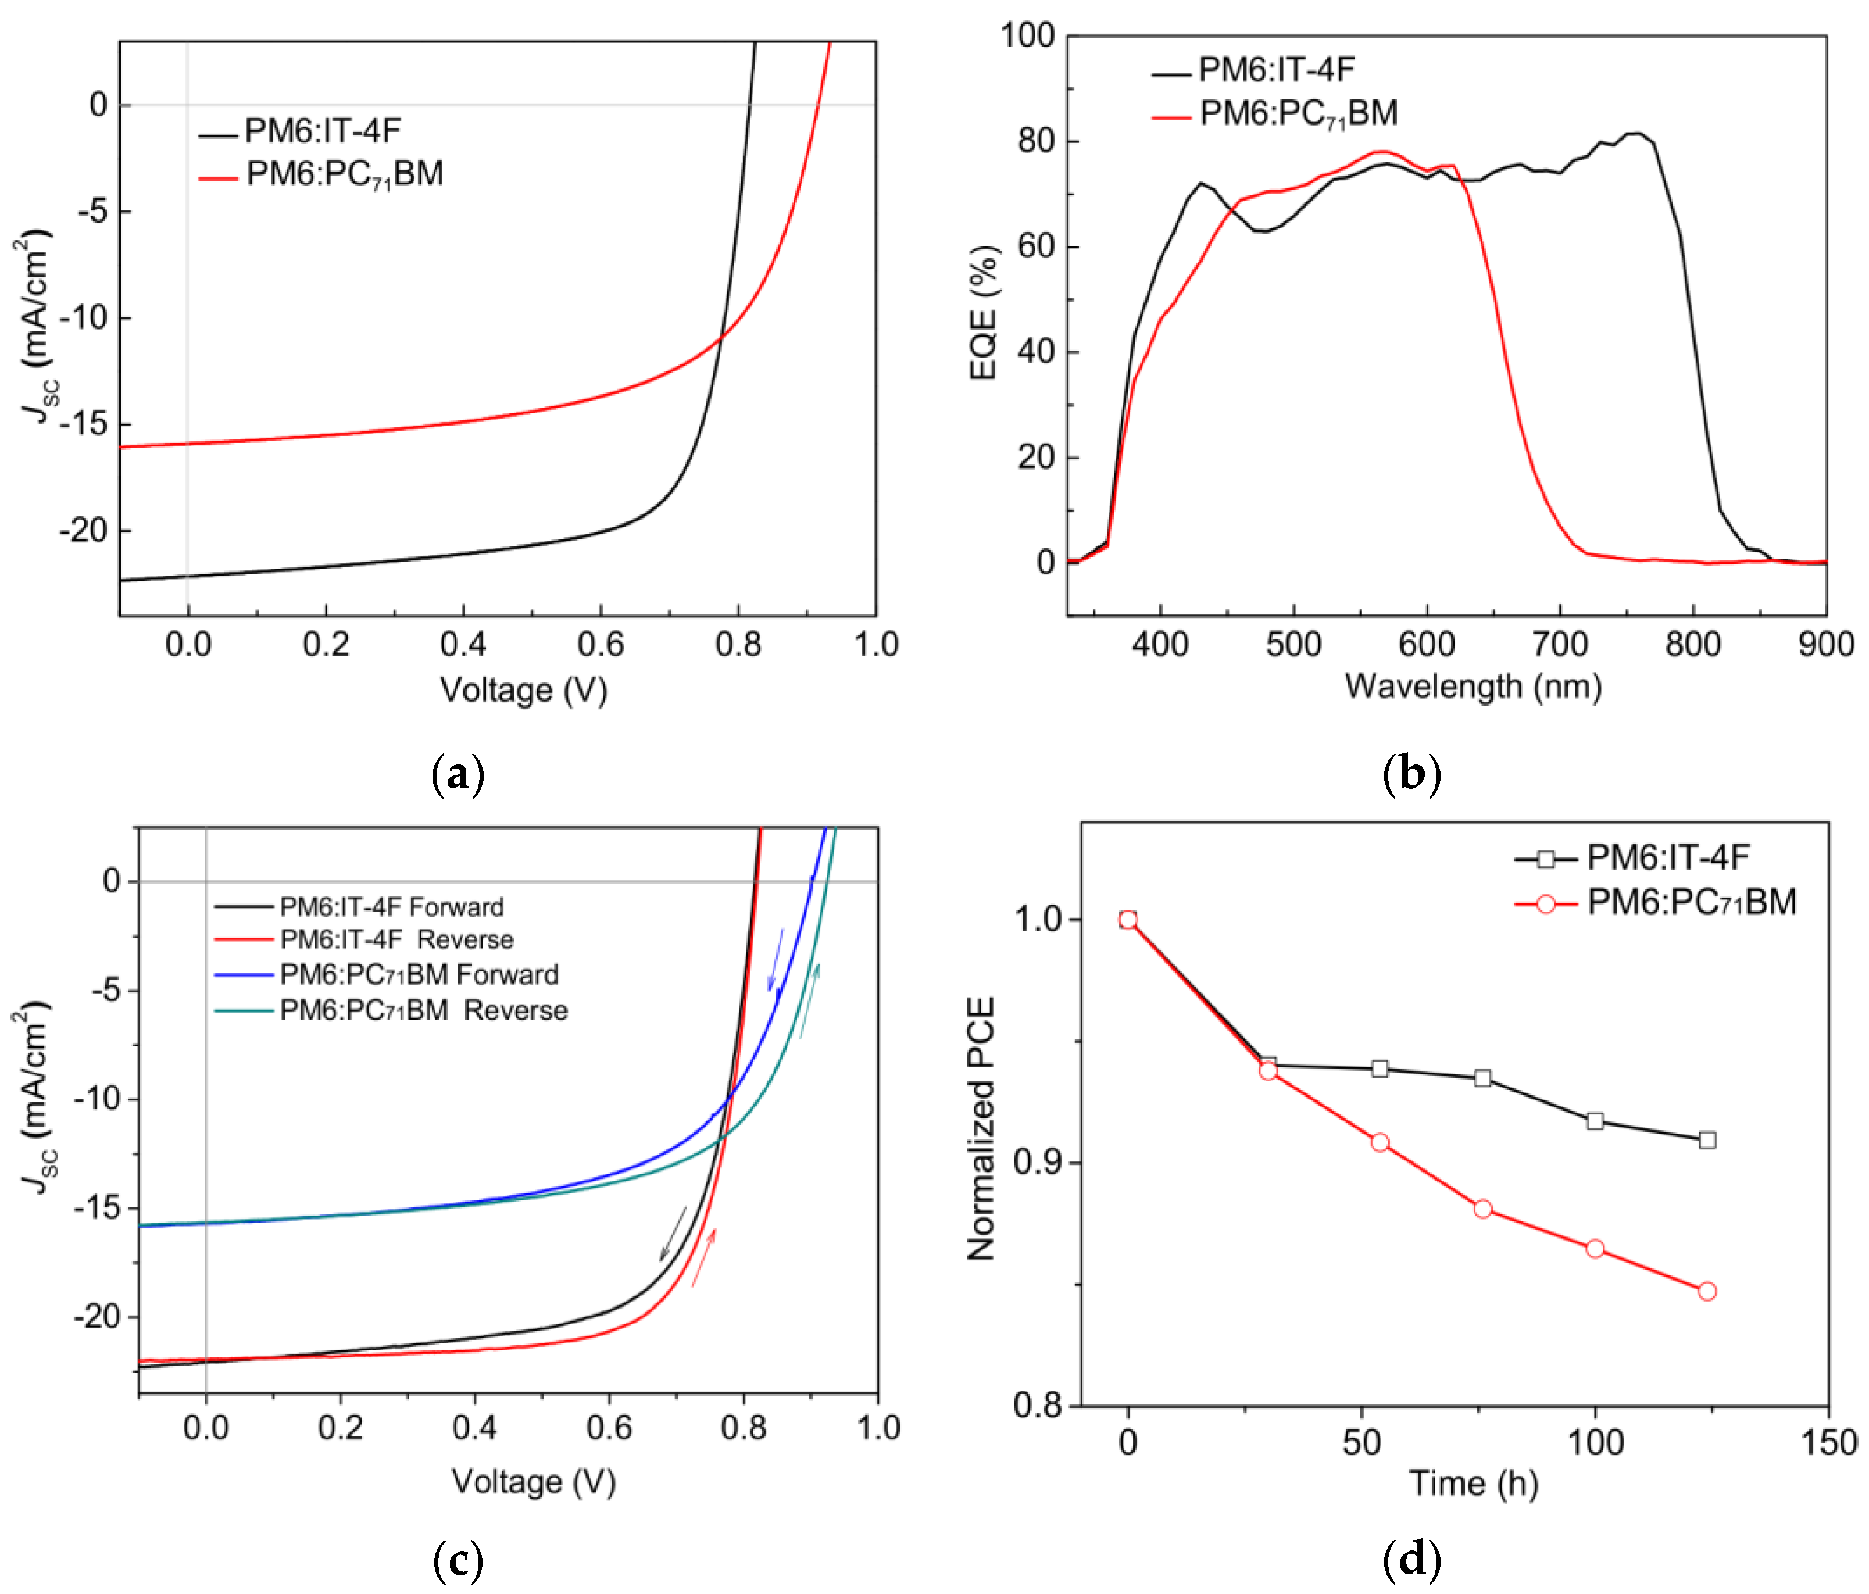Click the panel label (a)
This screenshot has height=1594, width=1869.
458,774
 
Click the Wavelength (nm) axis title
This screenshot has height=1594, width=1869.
1473,687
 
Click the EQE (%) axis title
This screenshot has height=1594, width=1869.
983,312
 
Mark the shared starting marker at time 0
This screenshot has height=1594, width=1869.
1128,919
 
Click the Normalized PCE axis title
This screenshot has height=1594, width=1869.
981,1128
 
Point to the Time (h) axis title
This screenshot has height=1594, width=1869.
1473,1483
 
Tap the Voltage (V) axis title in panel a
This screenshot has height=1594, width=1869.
523,690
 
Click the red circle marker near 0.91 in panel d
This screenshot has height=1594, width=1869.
1379,1142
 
